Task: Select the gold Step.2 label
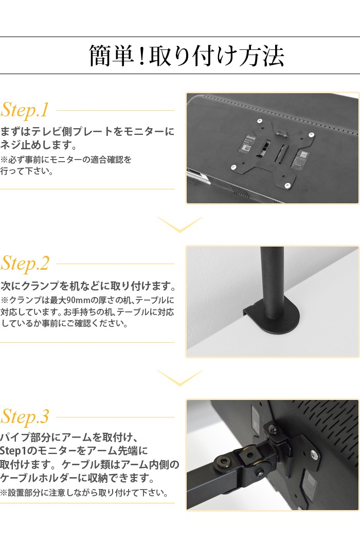[x=25, y=263]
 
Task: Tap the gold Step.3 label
[x=25, y=416]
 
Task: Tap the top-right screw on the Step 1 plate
[x=312, y=133]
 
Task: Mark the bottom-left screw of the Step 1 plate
[x=233, y=167]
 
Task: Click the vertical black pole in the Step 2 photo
[x=272, y=278]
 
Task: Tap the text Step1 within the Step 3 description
[x=14, y=451]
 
